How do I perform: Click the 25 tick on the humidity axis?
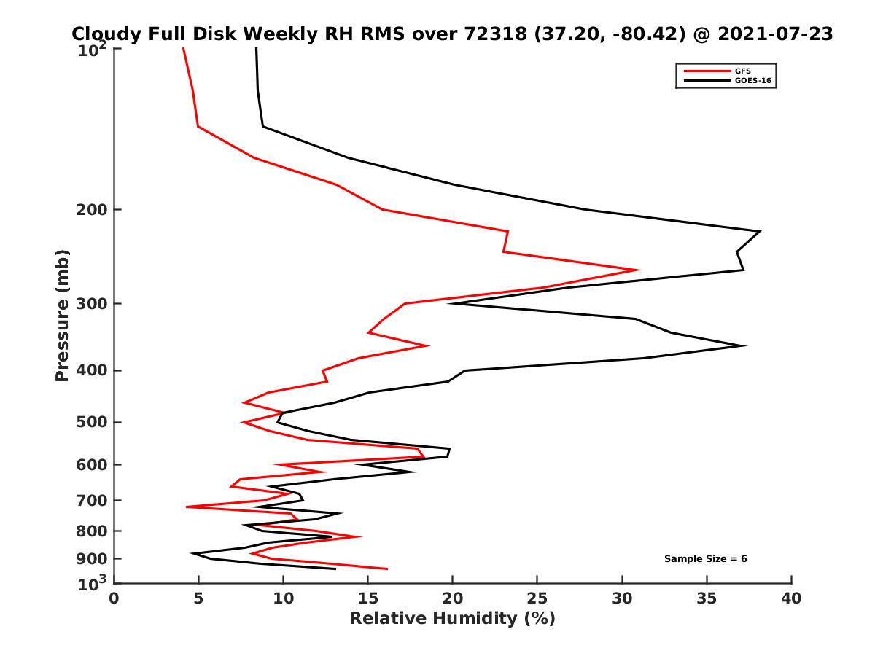point(537,599)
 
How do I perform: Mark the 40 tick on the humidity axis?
point(791,599)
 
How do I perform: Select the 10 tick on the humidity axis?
point(284,599)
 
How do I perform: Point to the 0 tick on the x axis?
point(114,599)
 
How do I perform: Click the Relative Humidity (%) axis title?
point(452,619)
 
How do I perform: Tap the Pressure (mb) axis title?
point(62,316)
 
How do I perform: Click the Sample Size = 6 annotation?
point(705,559)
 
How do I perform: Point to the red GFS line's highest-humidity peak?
point(639,270)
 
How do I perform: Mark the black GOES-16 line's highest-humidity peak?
point(760,232)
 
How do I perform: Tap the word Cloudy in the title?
point(101,34)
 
